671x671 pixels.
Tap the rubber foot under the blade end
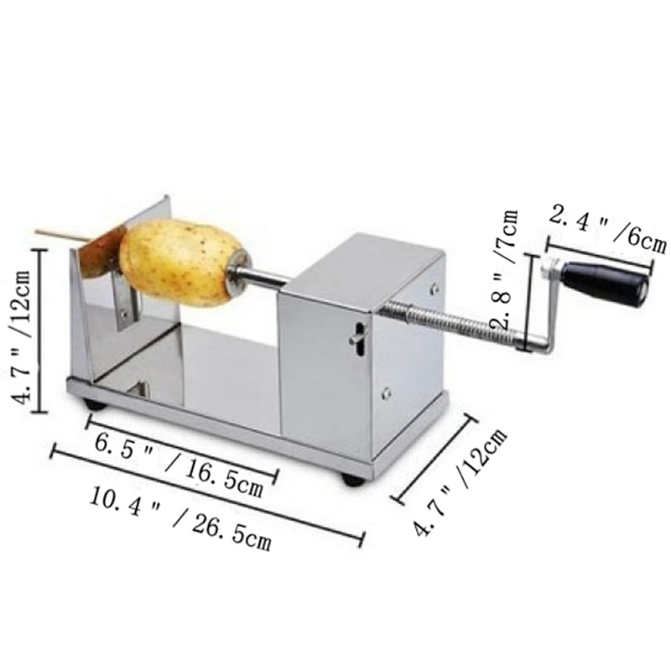click(x=95, y=405)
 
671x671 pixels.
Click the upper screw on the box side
click(x=434, y=289)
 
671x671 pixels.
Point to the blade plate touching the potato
click(x=105, y=247)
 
